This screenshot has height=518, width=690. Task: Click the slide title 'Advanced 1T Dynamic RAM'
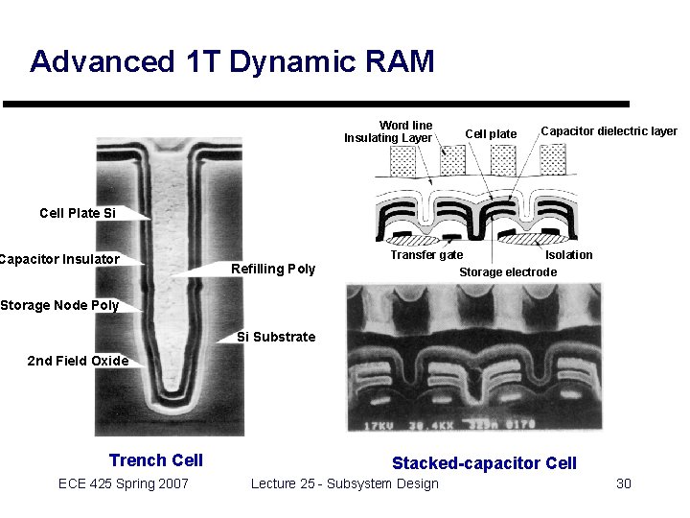[x=232, y=61]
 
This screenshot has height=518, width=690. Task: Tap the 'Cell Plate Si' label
[x=78, y=213]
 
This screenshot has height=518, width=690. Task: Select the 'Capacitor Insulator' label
[x=59, y=259]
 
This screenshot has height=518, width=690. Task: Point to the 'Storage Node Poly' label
[x=59, y=305]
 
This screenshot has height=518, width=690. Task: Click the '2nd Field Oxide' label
[x=78, y=361]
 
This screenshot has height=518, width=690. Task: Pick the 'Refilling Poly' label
[x=273, y=269]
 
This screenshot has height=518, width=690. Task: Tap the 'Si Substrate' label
[x=276, y=337]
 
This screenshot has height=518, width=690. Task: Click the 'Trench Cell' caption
[x=156, y=460]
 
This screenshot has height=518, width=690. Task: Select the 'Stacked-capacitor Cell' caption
[x=484, y=463]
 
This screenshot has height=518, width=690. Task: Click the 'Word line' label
[x=405, y=125]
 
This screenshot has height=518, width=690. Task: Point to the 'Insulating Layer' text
[x=388, y=138]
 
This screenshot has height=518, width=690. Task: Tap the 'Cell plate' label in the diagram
[x=491, y=133]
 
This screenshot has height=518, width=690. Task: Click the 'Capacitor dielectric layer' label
[x=609, y=131]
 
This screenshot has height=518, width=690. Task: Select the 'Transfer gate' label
[x=426, y=255]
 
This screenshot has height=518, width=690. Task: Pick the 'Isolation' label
[x=568, y=255]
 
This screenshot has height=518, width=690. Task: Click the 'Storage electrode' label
[x=508, y=272]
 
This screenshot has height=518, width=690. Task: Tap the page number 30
[x=623, y=483]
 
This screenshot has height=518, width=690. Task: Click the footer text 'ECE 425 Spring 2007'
[x=124, y=483]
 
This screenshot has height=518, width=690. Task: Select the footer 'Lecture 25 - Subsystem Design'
[x=345, y=483]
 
